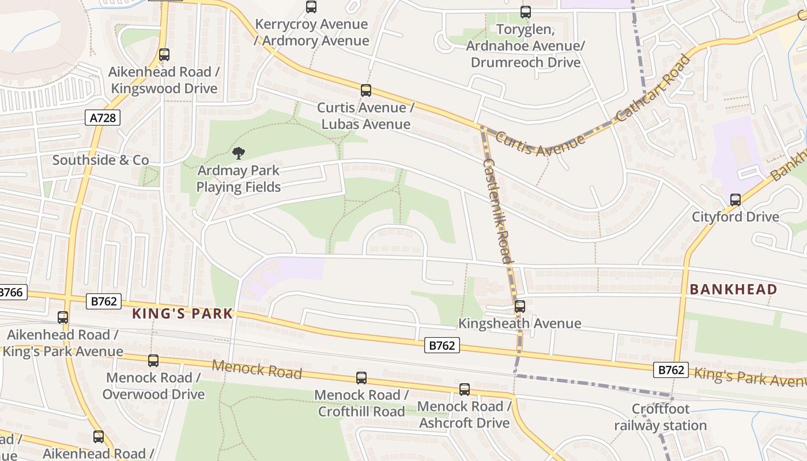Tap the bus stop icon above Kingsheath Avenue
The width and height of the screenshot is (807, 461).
[519, 307]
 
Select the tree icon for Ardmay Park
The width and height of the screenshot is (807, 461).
[239, 153]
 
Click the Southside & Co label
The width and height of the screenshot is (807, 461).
[100, 160]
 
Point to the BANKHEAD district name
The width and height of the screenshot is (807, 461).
[733, 289]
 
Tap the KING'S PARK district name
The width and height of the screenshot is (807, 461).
[183, 313]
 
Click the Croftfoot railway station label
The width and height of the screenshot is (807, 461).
[660, 418]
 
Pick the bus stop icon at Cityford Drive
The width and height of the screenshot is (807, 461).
[736, 200]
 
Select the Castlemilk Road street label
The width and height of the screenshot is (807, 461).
[497, 211]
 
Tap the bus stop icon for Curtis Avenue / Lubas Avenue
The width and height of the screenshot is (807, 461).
[366, 90]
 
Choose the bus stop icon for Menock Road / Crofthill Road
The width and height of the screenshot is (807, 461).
[361, 378]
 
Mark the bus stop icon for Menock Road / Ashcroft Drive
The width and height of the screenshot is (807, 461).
[465, 390]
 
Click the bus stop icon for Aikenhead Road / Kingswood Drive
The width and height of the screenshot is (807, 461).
[164, 55]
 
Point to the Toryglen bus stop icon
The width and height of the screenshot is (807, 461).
[525, 12]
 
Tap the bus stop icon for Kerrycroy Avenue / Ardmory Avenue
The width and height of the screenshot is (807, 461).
[311, 7]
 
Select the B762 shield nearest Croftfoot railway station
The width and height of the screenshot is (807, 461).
[671, 370]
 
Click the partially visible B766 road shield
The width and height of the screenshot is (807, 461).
[12, 292]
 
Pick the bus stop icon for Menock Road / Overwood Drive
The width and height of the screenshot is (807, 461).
[153, 361]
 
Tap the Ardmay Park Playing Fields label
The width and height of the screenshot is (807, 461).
[238, 179]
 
